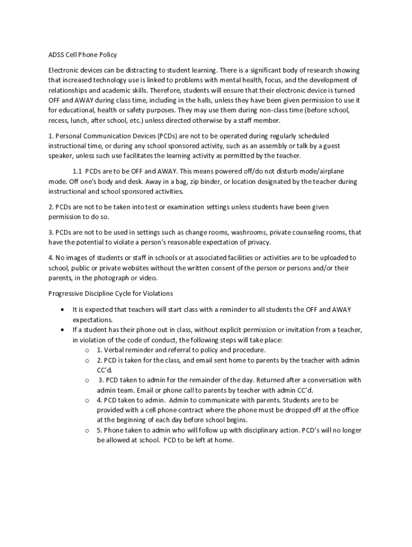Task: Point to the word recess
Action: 58,121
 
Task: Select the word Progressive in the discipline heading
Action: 66,293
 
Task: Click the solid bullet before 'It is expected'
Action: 63,309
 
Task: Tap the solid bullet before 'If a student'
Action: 63,330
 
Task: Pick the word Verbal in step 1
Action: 116,350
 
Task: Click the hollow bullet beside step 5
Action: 87,431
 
